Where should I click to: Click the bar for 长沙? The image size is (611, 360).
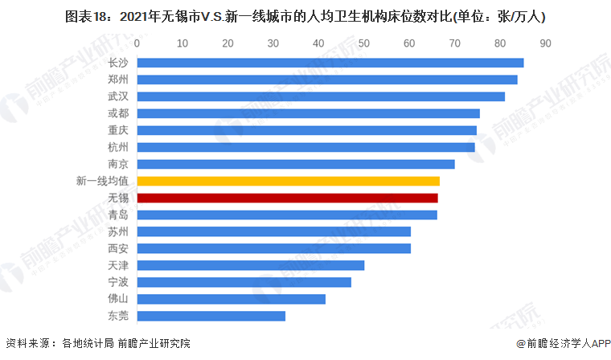pyautogui.click(x=330, y=63)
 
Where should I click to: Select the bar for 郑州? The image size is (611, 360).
pyautogui.click(x=327, y=80)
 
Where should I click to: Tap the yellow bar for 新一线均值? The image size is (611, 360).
pyautogui.click(x=289, y=181)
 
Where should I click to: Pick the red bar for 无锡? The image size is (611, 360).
pyautogui.click(x=288, y=198)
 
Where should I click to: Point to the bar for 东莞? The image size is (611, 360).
pyautogui.click(x=211, y=316)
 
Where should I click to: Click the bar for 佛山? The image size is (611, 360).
pyautogui.click(x=232, y=299)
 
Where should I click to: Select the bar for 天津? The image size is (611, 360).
pyautogui.click(x=251, y=265)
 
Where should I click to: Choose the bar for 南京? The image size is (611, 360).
pyautogui.click(x=296, y=164)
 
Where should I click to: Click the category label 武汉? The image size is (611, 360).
pyautogui.click(x=119, y=96)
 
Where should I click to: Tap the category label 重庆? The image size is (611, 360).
pyautogui.click(x=119, y=130)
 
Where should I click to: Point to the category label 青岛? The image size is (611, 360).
pyautogui.click(x=119, y=215)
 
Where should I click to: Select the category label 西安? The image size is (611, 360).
pyautogui.click(x=119, y=248)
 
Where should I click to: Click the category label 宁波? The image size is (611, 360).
pyautogui.click(x=119, y=282)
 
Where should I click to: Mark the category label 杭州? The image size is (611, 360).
pyautogui.click(x=119, y=147)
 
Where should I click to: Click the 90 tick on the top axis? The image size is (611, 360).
pyautogui.click(x=545, y=43)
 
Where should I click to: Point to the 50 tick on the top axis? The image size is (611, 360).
pyautogui.click(x=364, y=43)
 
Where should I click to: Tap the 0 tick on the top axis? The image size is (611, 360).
pyautogui.click(x=137, y=43)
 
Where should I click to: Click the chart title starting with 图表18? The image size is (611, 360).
pyautogui.click(x=305, y=15)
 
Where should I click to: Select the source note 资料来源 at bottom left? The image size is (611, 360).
pyautogui.click(x=97, y=344)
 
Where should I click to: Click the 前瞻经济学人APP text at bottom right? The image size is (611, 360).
pyautogui.click(x=563, y=344)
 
